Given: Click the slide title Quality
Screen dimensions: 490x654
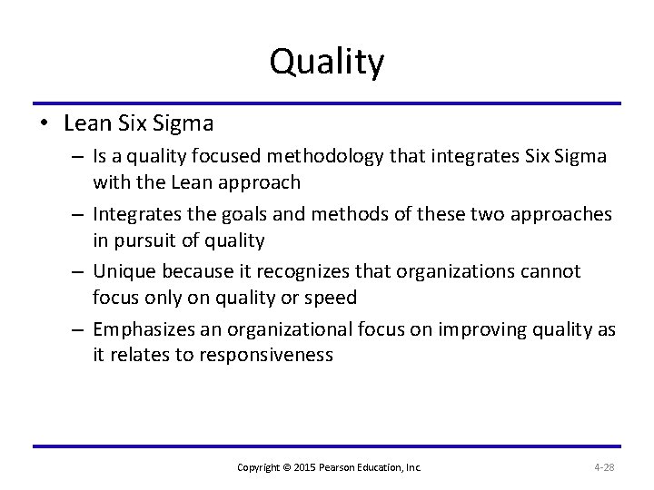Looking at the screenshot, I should (x=327, y=62).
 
